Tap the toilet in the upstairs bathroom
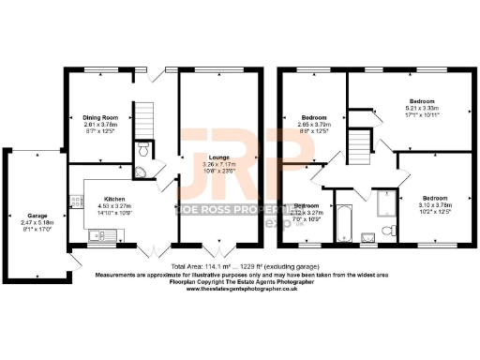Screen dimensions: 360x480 [386, 233]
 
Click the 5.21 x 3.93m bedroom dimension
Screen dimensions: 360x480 [422, 108]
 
